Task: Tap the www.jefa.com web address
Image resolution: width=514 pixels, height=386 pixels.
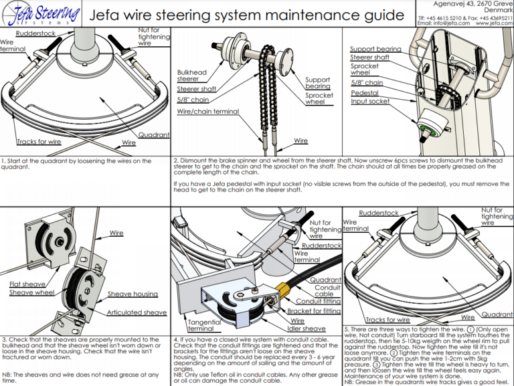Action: pos(494,23)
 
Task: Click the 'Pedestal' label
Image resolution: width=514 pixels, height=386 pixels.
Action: pos(365,93)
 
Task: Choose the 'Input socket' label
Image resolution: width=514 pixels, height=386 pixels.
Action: pos(370,102)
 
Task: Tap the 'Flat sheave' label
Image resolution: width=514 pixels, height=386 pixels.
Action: pos(27,284)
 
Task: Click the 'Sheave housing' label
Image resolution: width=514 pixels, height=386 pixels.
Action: pos(133,294)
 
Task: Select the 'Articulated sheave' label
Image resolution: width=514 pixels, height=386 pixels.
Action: pos(137,312)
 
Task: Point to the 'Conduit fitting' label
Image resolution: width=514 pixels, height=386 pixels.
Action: pos(319,301)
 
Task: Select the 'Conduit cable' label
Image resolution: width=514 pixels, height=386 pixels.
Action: pos(324,290)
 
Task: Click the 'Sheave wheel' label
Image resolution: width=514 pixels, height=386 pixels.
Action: pos(31,293)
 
